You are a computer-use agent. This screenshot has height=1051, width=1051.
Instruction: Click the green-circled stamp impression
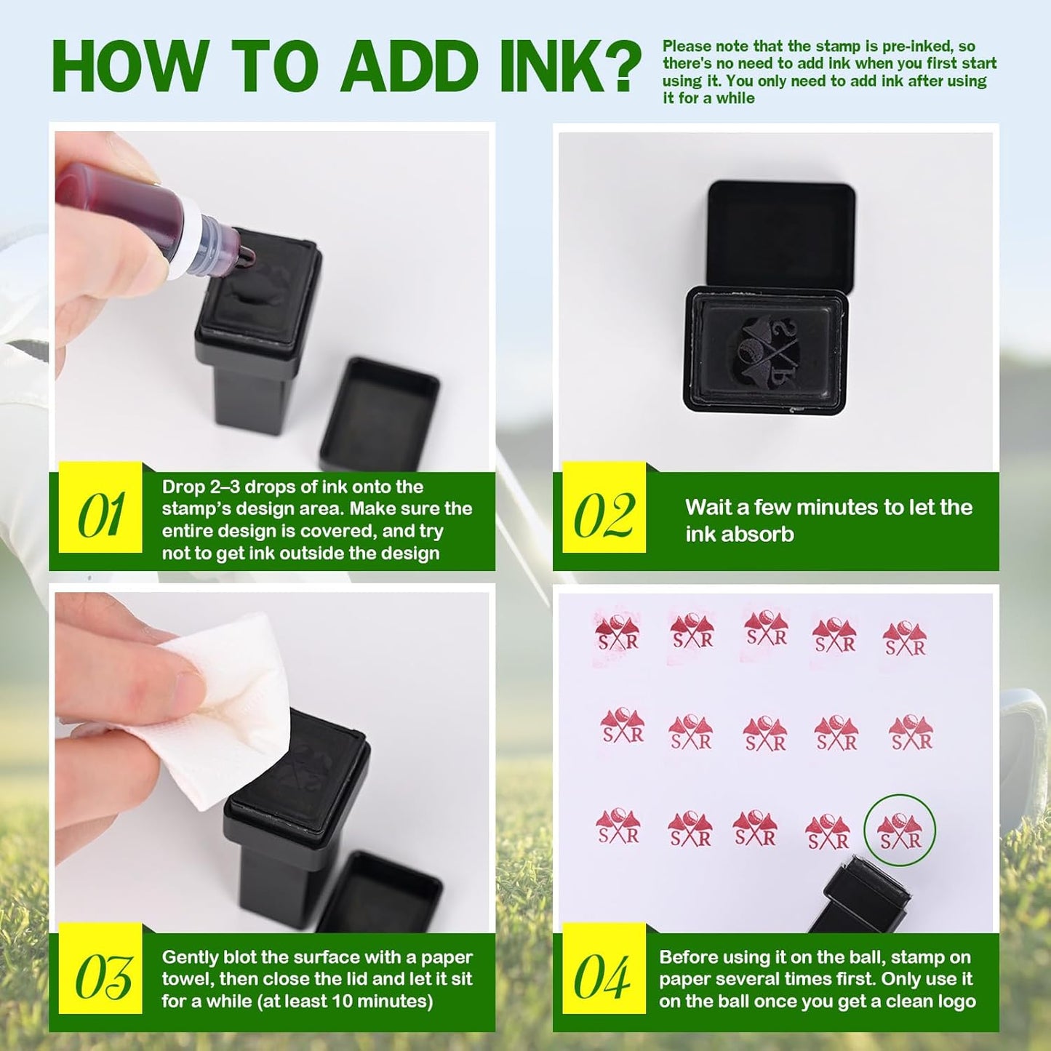(900, 830)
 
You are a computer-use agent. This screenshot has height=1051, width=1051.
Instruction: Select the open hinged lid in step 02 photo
(781, 234)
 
